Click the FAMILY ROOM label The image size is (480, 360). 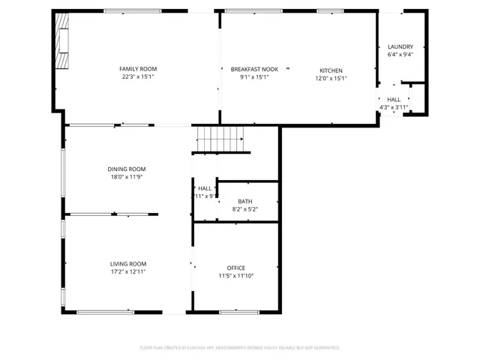(x=138, y=69)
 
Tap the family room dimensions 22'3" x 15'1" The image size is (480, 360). (x=138, y=76)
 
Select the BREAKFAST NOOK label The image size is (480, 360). (x=249, y=69)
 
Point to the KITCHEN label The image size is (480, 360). (x=331, y=70)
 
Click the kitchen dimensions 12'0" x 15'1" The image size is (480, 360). (x=331, y=78)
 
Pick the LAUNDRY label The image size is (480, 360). (x=400, y=46)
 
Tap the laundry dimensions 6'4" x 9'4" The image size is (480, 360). (x=400, y=54)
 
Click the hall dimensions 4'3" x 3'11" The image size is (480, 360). (x=394, y=107)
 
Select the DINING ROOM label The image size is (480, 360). (x=126, y=169)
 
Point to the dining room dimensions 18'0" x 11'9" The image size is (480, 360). (x=126, y=177)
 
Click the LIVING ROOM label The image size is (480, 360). (x=128, y=264)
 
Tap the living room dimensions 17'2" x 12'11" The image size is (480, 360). (x=128, y=271)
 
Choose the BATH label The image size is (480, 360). (x=245, y=202)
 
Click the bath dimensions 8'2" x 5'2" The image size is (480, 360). (x=245, y=209)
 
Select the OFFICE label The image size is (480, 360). (x=236, y=268)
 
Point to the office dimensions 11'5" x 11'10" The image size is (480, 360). (x=236, y=275)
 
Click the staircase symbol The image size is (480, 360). (x=220, y=139)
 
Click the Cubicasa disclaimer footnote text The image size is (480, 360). (x=240, y=347)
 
